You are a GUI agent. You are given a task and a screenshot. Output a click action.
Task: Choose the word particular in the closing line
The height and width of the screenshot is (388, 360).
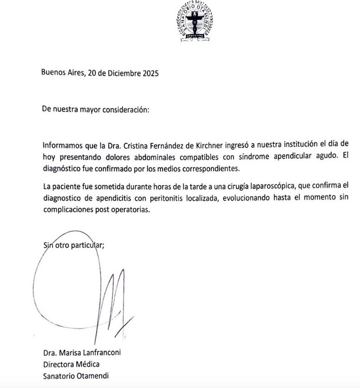pyautogui.click(x=88, y=245)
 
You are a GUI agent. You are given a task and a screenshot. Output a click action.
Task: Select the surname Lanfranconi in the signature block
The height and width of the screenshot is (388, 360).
pyautogui.click(x=100, y=353)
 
